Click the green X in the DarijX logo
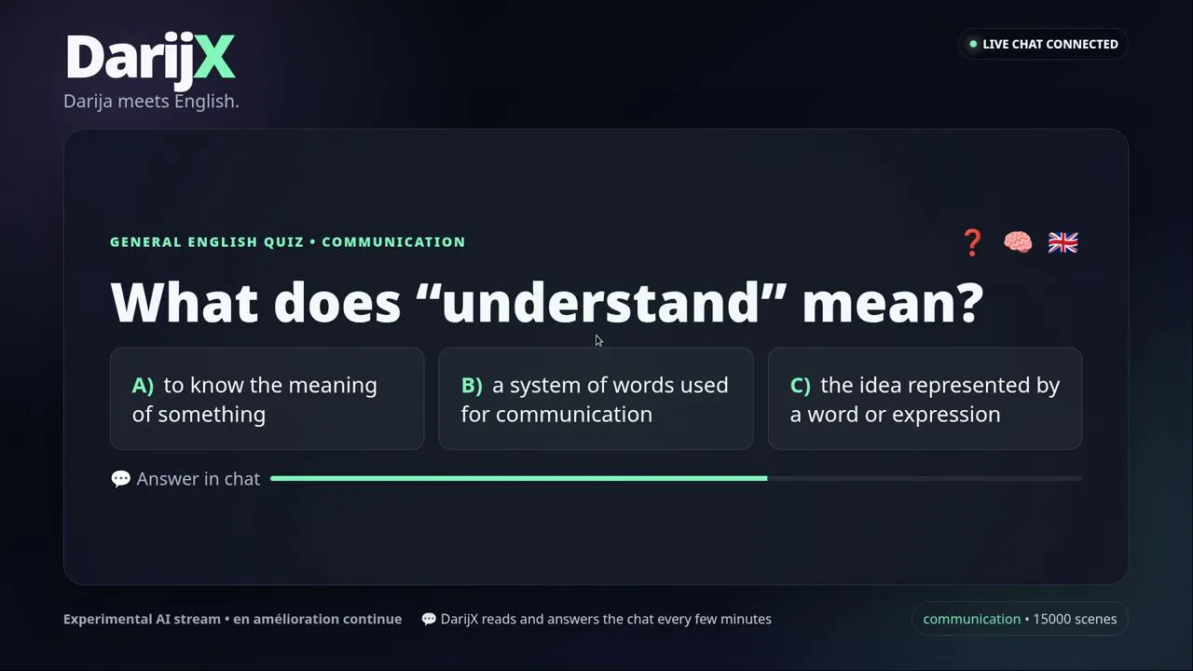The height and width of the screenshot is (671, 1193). (214, 57)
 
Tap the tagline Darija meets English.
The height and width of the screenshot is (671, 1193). (151, 102)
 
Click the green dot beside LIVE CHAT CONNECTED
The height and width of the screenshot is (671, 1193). (973, 44)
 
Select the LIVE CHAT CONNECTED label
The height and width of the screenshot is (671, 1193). (1050, 44)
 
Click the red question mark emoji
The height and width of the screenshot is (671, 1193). (972, 243)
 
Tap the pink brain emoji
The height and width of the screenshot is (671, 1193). (1018, 242)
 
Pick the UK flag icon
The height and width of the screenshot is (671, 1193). (1063, 243)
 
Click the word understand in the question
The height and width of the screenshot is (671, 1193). (600, 303)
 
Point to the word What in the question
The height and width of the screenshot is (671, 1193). (185, 303)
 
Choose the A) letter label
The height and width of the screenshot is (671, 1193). (143, 385)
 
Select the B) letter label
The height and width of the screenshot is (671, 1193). (472, 385)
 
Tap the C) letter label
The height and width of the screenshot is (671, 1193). (801, 385)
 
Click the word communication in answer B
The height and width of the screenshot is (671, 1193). (574, 415)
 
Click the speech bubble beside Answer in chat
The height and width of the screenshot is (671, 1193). (121, 479)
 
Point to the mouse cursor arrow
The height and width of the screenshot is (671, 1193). (598, 341)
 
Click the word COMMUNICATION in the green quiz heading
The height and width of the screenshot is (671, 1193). (393, 242)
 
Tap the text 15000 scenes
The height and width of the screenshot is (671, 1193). (1075, 619)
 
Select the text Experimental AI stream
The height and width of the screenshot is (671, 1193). (142, 619)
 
